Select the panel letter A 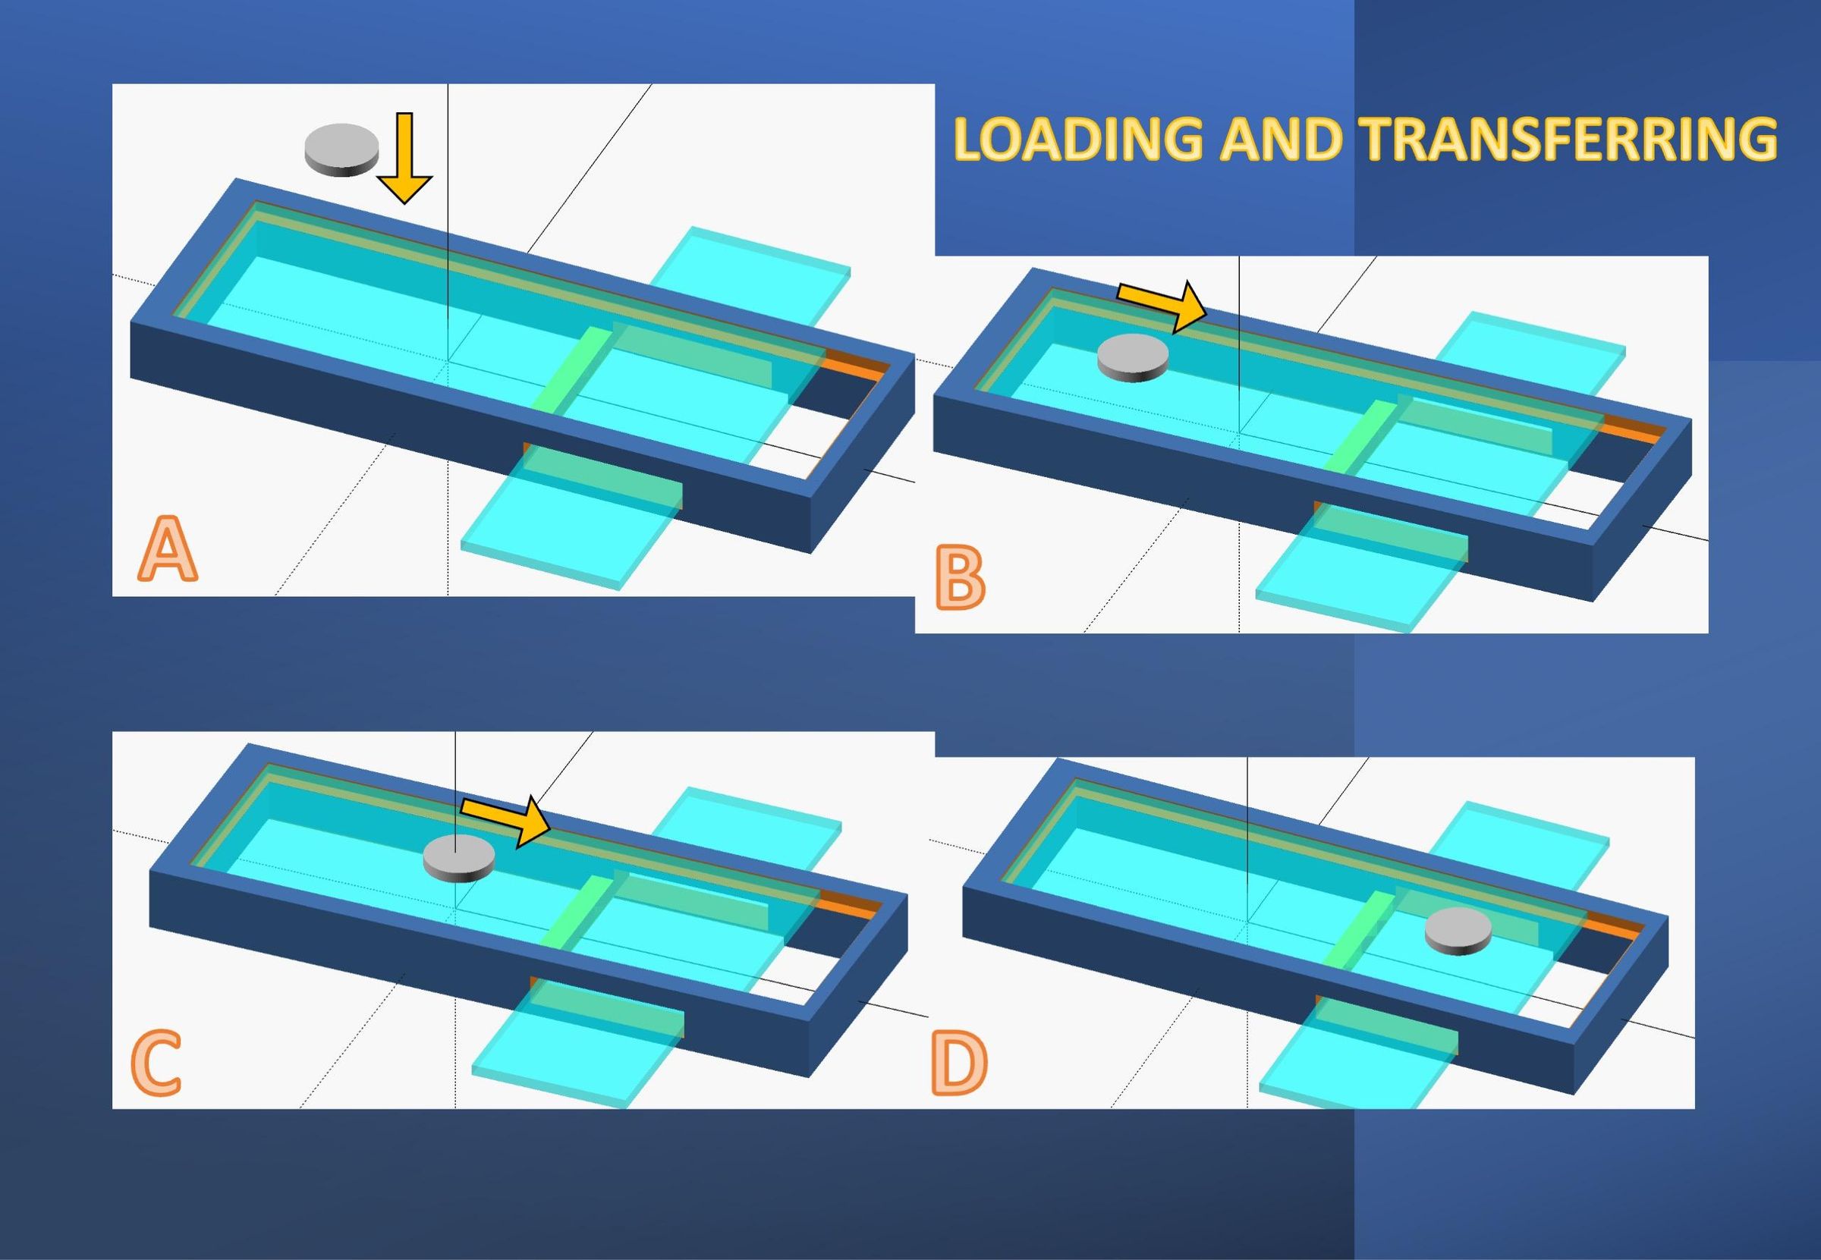click(168, 549)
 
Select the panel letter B click(960, 580)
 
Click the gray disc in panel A click(342, 149)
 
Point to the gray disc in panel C click(459, 857)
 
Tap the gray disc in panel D click(1458, 931)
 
